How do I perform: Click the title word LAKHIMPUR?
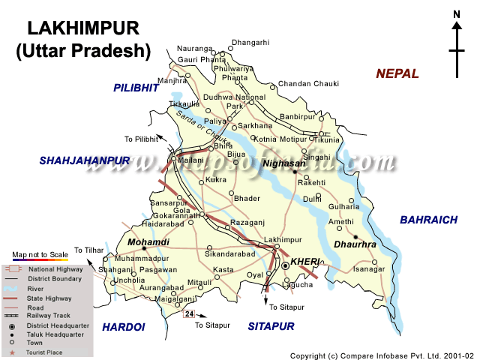pyautogui.click(x=83, y=28)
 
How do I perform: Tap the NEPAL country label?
pyautogui.click(x=397, y=73)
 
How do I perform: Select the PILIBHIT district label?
pyautogui.click(x=136, y=88)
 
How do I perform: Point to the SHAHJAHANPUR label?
pyautogui.click(x=85, y=160)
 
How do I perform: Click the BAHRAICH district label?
pyautogui.click(x=428, y=220)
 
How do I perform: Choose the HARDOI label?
pyautogui.click(x=123, y=326)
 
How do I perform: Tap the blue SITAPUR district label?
pyautogui.click(x=271, y=326)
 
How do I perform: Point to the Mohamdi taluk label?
pyautogui.click(x=148, y=242)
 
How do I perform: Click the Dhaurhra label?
pyautogui.click(x=350, y=244)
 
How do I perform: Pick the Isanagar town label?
pyautogui.click(x=369, y=268)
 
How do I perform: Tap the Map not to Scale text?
pyautogui.click(x=40, y=255)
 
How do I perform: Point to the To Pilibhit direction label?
pyautogui.click(x=142, y=139)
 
